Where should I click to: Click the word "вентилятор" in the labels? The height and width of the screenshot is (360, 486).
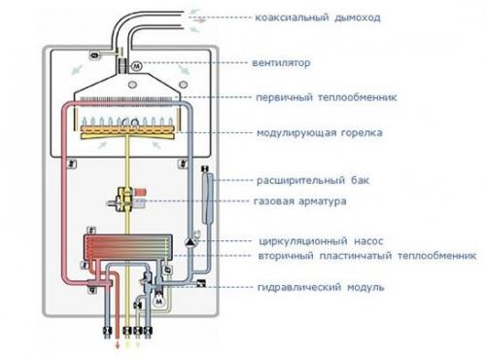[286, 64]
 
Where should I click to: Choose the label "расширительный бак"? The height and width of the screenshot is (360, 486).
[310, 181]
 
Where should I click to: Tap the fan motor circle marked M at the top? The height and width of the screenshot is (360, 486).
[136, 65]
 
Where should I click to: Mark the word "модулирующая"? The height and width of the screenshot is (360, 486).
[295, 132]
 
